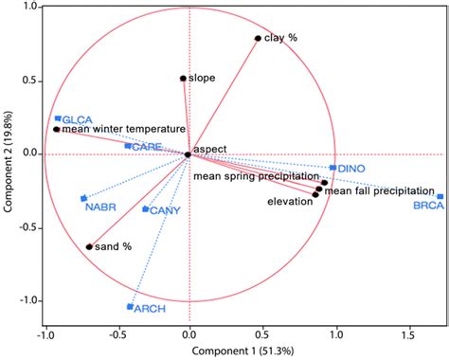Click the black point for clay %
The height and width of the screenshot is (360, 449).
pyautogui.click(x=258, y=39)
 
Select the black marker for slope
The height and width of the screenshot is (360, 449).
pyautogui.click(x=183, y=79)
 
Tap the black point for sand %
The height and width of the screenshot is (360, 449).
pyautogui.click(x=89, y=246)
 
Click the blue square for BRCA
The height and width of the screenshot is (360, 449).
pyautogui.click(x=440, y=196)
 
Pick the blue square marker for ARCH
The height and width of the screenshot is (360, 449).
pyautogui.click(x=130, y=306)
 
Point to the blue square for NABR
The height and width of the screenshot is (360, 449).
pyautogui.click(x=83, y=198)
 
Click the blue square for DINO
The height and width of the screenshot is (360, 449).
pyautogui.click(x=332, y=168)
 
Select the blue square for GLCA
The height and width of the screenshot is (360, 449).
pyautogui.click(x=58, y=118)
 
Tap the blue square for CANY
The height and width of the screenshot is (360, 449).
pyautogui.click(x=145, y=209)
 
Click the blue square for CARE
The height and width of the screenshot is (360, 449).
pyautogui.click(x=128, y=146)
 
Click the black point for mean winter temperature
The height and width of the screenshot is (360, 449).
pyautogui.click(x=57, y=129)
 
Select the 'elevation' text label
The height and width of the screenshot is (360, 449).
pyautogui.click(x=291, y=202)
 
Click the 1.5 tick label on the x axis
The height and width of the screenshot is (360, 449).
pyautogui.click(x=407, y=334)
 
